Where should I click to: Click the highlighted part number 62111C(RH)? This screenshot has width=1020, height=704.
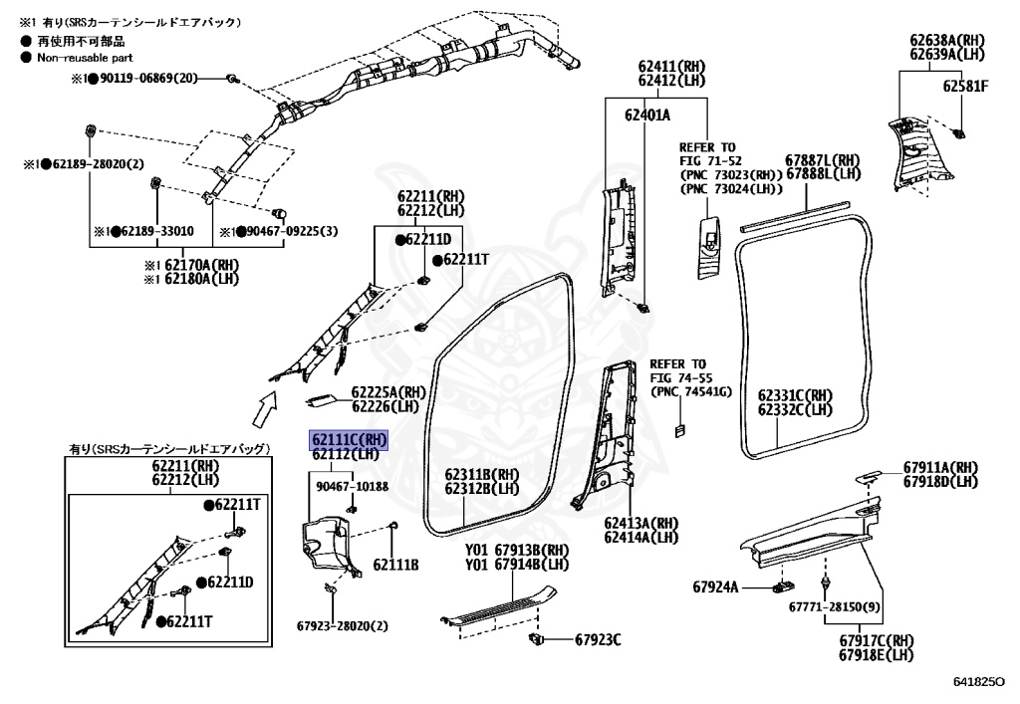(x=349, y=439)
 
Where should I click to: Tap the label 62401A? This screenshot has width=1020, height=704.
(x=647, y=116)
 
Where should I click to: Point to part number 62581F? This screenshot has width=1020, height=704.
(x=965, y=87)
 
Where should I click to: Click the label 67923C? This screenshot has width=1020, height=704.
(x=596, y=639)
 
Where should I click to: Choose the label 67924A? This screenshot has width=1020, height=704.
(x=715, y=587)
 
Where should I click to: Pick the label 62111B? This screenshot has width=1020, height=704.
(x=395, y=565)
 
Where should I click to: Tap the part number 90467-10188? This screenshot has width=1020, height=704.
(x=352, y=486)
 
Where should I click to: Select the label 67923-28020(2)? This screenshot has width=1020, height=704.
(x=342, y=626)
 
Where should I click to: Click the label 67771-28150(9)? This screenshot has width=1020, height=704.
(x=835, y=605)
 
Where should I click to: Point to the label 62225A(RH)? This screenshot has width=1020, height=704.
(x=388, y=392)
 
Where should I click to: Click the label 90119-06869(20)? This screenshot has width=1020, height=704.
(x=148, y=78)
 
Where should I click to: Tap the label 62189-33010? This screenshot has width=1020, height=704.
(x=157, y=232)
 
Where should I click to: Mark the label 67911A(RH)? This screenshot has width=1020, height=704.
(x=940, y=467)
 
